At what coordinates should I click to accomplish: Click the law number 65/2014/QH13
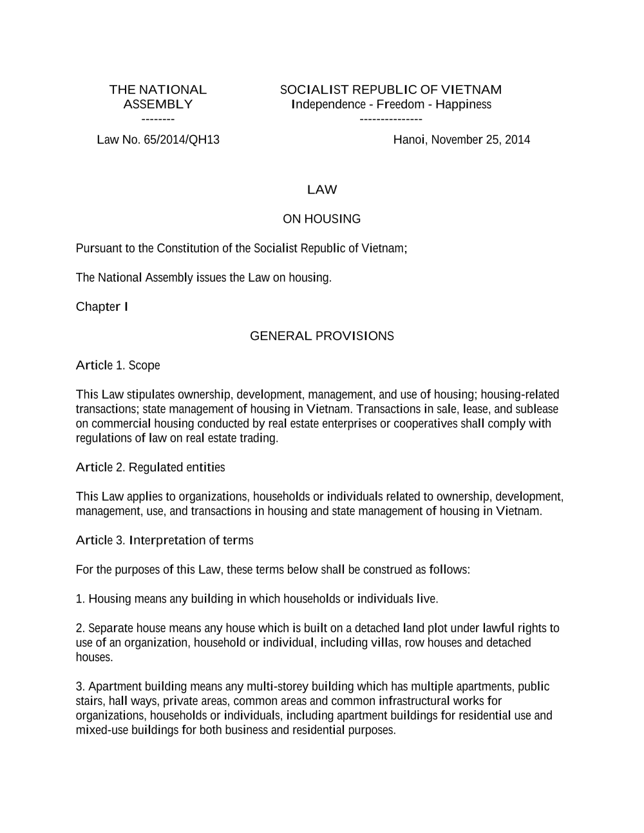pos(182,140)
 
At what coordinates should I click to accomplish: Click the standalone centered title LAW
pos(322,190)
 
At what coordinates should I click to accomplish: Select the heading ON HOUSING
pos(322,219)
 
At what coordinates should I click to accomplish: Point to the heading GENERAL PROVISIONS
pos(322,336)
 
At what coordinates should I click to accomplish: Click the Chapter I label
pos(102,306)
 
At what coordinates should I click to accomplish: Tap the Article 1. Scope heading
pos(118,366)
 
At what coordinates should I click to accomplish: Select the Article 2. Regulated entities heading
pos(150,467)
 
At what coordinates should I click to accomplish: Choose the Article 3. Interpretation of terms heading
pos(164,540)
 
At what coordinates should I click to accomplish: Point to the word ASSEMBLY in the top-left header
pos(158,104)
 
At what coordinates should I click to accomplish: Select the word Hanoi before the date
pos(409,140)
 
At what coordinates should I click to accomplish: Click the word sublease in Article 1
pos(536,409)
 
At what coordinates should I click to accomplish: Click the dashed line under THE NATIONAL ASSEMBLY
pos(158,119)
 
